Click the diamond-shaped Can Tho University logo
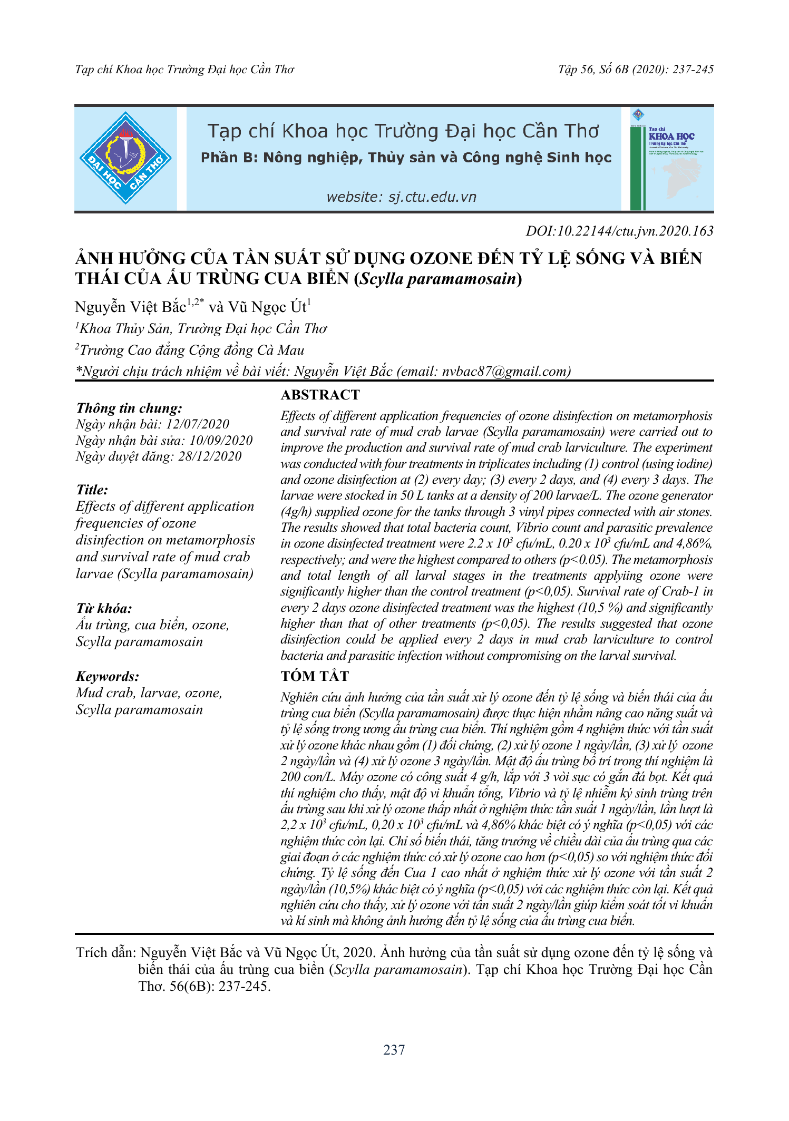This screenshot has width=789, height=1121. (125, 158)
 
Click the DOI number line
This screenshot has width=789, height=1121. (619, 231)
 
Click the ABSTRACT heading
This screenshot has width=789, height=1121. (320, 395)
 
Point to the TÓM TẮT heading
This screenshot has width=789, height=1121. (315, 676)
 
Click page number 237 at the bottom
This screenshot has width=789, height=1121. (394, 1050)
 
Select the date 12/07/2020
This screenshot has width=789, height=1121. (198, 424)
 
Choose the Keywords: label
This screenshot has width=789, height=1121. (108, 676)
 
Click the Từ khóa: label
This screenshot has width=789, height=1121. (104, 609)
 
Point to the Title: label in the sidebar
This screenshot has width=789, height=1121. (92, 490)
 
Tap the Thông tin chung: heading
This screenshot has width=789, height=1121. (129, 408)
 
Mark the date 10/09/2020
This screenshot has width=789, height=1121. (221, 441)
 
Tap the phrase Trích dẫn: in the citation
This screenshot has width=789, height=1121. (106, 952)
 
